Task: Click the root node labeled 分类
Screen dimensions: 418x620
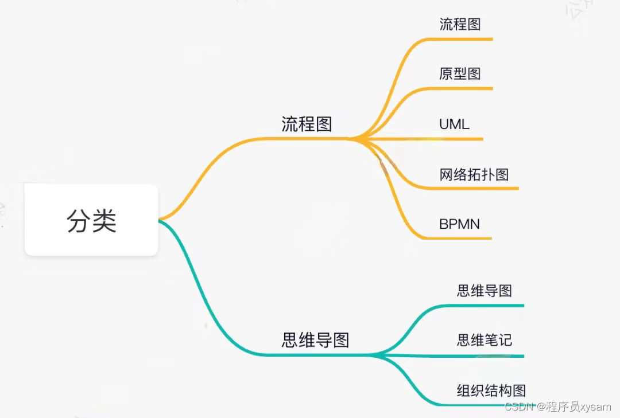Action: click(91, 220)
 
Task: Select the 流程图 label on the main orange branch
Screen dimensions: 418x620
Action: click(307, 124)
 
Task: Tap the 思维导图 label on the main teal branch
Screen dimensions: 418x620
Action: click(315, 340)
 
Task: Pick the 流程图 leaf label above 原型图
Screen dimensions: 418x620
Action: click(460, 24)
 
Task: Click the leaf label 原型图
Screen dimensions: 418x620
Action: click(460, 73)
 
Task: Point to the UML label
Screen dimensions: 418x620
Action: click(454, 124)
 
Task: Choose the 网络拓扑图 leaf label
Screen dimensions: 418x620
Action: click(474, 174)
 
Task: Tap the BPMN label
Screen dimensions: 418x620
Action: click(459, 224)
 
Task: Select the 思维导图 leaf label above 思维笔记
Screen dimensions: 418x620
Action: click(484, 291)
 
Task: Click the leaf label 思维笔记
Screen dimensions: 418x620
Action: click(484, 340)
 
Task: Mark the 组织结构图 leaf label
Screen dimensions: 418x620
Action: click(491, 390)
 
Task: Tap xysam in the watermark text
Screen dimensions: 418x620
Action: click(595, 407)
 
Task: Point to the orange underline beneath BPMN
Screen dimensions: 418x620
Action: click(459, 237)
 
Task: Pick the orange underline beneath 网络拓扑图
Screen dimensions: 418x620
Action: click(476, 188)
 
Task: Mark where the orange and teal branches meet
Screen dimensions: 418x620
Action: click(160, 220)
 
